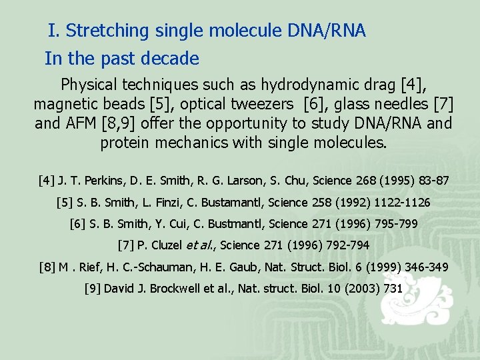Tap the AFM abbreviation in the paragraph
78,124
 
